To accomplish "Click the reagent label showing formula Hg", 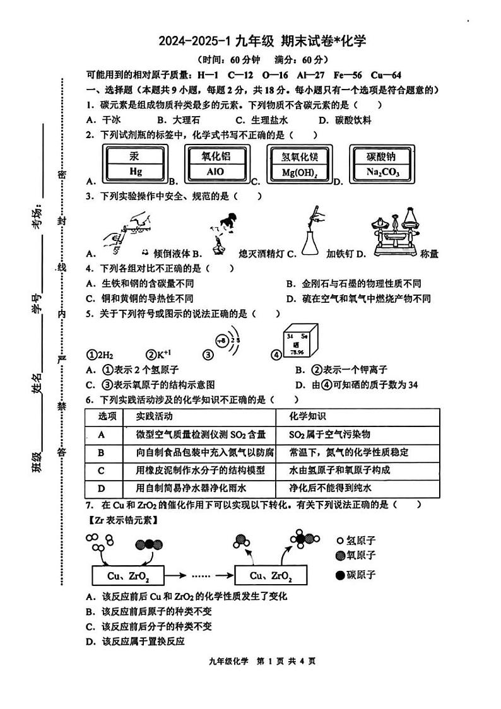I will [136, 163].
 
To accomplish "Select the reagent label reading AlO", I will [215, 163].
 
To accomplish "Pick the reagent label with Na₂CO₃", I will [382, 163].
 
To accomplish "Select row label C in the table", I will [102, 470].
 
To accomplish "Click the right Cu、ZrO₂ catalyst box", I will [271, 576].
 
